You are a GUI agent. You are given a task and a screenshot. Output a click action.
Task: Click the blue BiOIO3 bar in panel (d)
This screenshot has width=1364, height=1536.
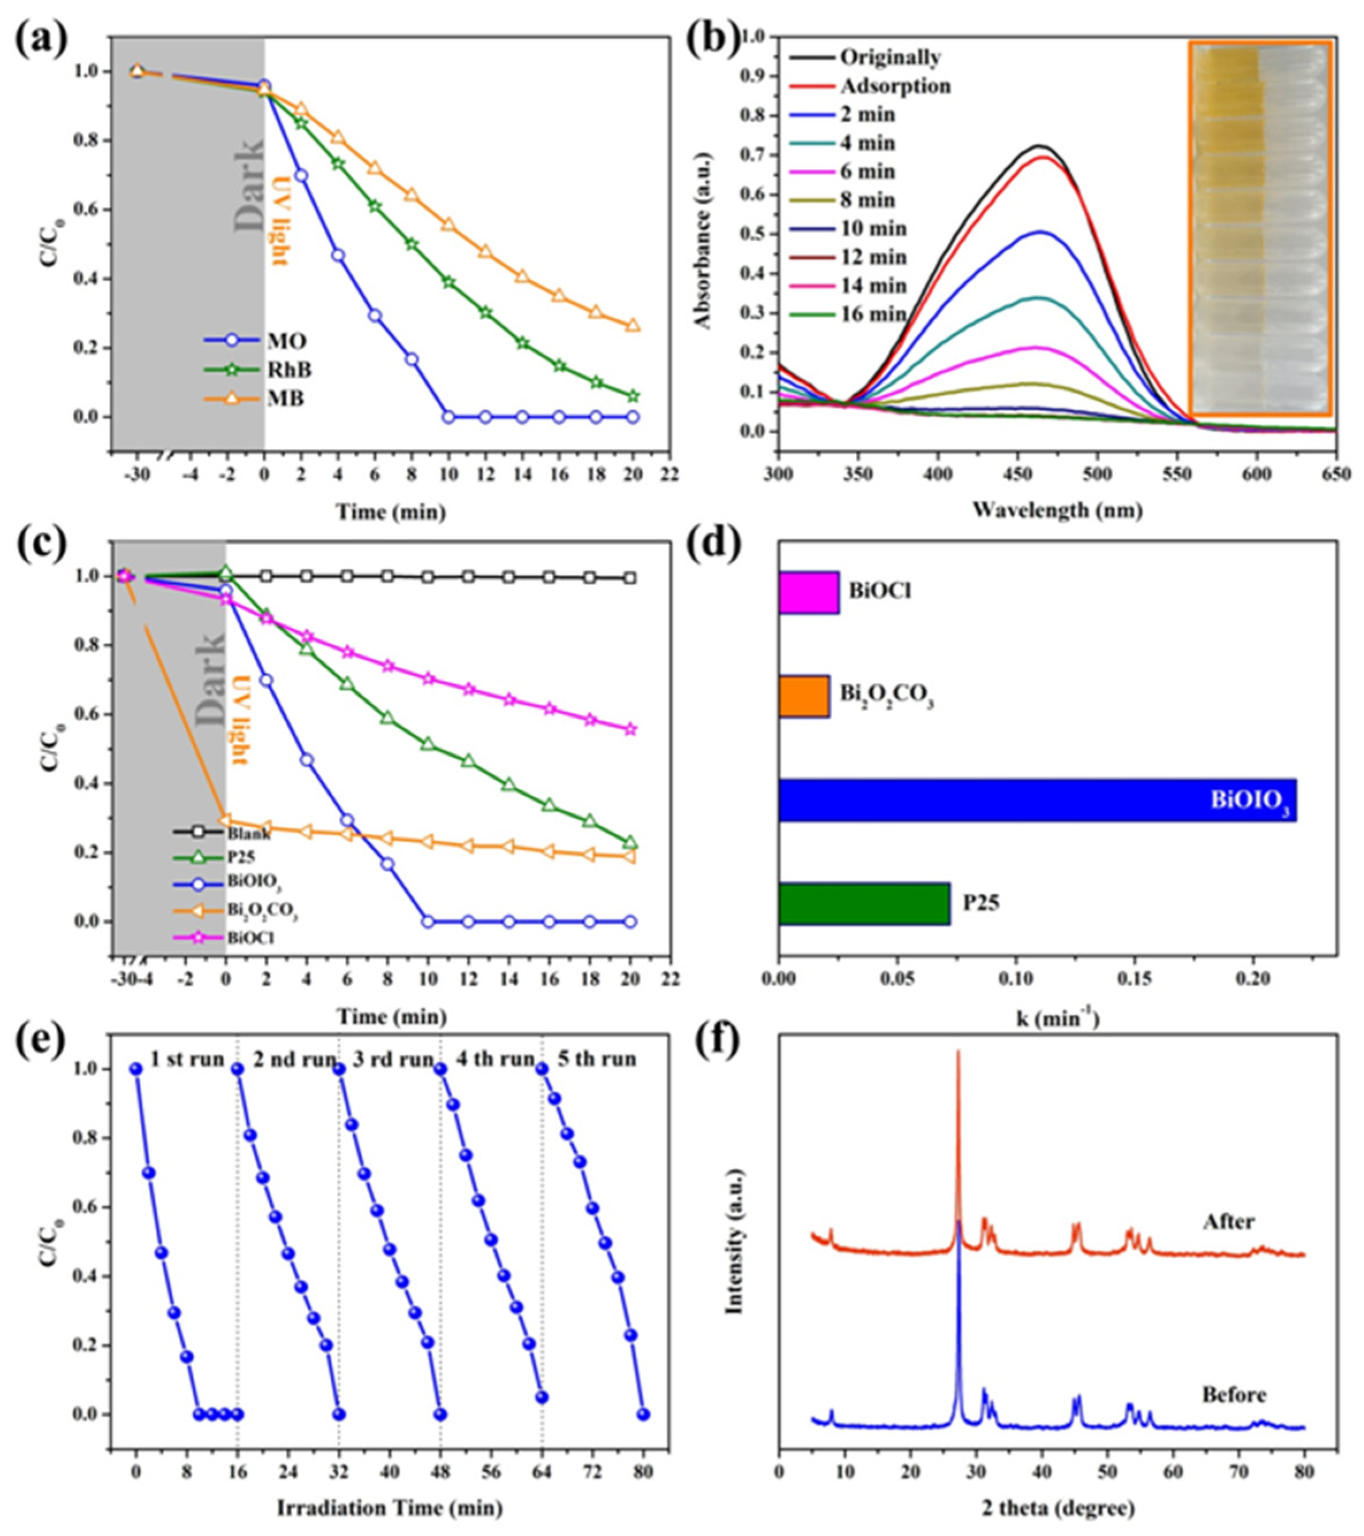pyautogui.click(x=1037, y=799)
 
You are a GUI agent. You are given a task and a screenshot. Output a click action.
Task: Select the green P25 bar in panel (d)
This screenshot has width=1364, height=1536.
pyautogui.click(x=864, y=903)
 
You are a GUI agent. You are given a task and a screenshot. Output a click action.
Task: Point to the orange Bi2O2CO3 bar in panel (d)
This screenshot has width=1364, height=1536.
pyautogui.click(x=803, y=696)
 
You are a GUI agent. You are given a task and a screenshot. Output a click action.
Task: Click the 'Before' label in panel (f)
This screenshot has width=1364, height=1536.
pyautogui.click(x=1233, y=1395)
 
